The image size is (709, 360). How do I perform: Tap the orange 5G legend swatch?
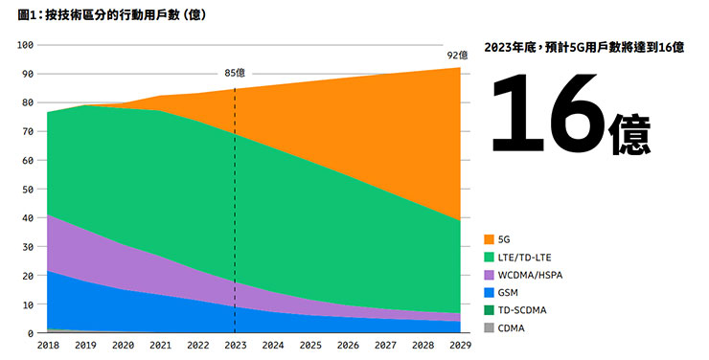pos(490,238)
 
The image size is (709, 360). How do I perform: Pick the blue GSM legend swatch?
pos(490,292)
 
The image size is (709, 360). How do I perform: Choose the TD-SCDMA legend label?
pos(522,310)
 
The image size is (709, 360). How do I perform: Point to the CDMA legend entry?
pos(512,328)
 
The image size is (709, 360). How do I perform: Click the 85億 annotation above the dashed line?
pos(235,73)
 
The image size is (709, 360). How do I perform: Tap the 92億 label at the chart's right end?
pos(457,56)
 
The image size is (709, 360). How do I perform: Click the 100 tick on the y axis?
pos(26,45)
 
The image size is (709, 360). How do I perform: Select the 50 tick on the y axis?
pos(29,190)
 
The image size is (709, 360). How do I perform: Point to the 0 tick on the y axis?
pos(32,333)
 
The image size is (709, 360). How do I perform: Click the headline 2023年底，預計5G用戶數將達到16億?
pos(583,47)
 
